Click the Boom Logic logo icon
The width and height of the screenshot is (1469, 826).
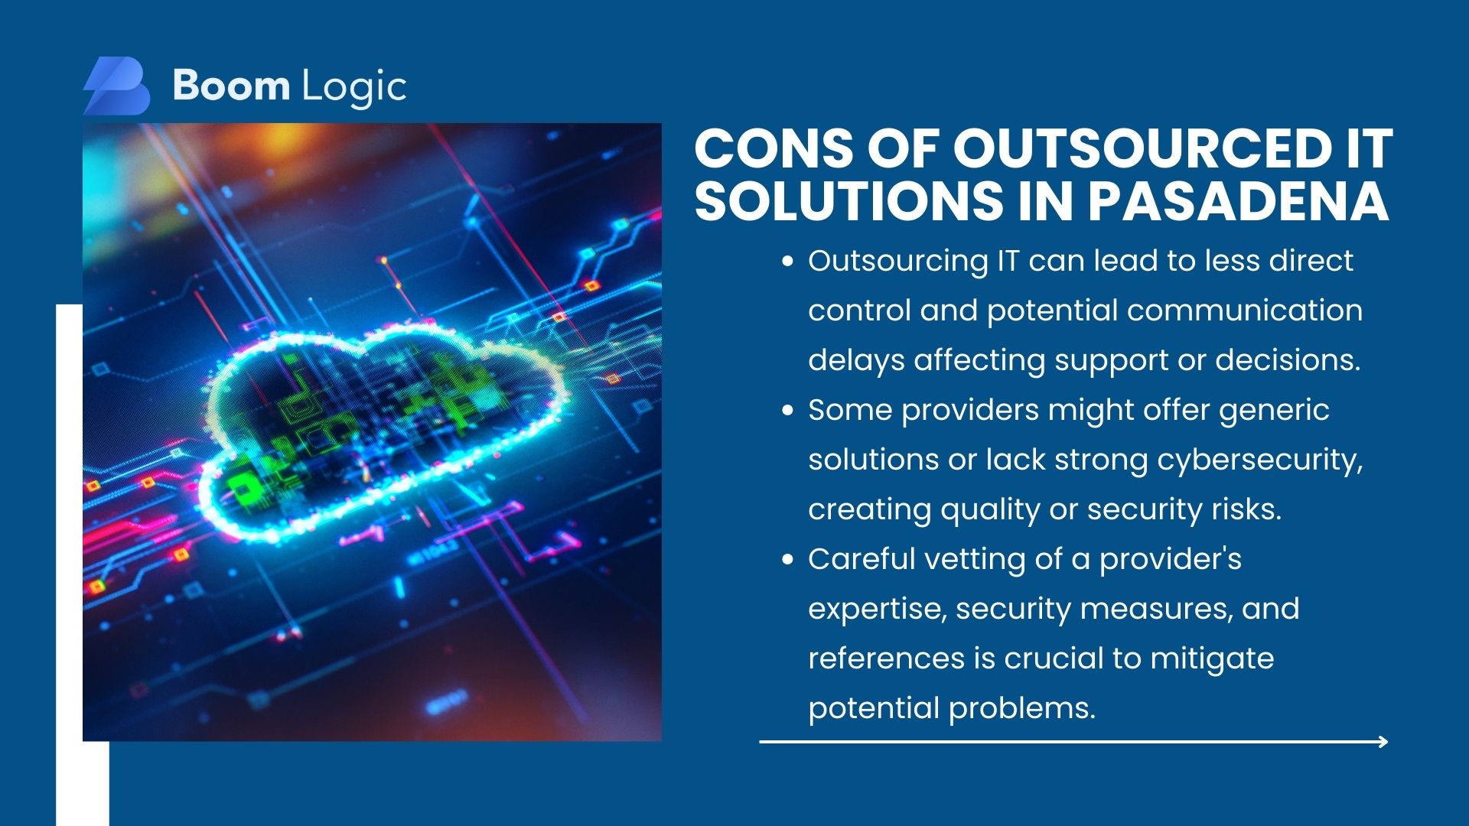click(116, 86)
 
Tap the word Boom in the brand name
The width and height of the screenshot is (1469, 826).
click(231, 85)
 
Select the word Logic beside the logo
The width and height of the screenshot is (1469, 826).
click(354, 88)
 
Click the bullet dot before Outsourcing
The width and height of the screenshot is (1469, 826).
click(787, 262)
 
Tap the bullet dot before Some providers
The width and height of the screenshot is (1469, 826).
click(787, 411)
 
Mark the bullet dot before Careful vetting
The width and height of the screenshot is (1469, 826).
click(787, 560)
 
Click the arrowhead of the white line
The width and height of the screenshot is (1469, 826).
click(1383, 741)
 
